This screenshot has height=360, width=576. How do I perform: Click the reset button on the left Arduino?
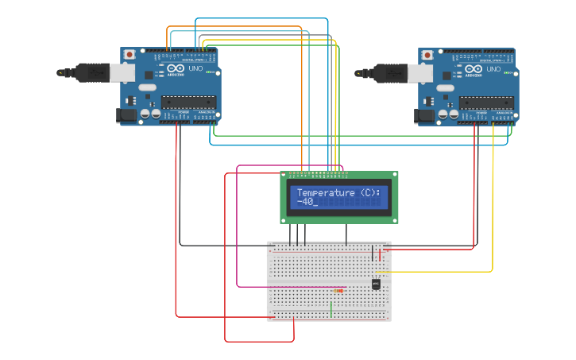[x=129, y=56]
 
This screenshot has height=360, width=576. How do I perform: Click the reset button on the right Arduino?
[x=427, y=56]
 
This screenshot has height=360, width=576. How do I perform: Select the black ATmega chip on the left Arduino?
[x=188, y=101]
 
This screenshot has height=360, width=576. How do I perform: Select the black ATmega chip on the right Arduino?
[x=486, y=101]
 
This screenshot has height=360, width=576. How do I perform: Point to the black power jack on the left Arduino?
[x=126, y=116]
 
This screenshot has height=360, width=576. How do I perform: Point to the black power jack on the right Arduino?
[x=423, y=116]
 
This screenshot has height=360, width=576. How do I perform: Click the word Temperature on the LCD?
[x=326, y=193]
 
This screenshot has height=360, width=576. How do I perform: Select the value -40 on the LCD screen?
[x=305, y=202]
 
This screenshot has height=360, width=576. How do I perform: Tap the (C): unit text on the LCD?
[x=370, y=193]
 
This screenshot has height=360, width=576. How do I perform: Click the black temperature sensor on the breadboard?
[x=376, y=284]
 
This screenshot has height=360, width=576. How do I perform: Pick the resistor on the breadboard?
[x=339, y=291]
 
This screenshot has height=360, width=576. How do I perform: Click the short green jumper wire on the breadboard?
[x=331, y=308]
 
